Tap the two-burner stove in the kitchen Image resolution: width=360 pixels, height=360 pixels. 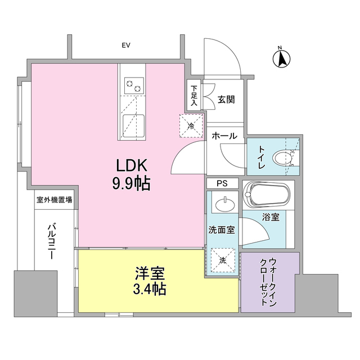133,86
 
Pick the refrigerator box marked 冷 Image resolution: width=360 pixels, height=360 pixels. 190,125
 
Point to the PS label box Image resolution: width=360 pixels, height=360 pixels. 223,184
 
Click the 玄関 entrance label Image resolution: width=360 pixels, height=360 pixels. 226,100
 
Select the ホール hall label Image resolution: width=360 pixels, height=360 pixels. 224,136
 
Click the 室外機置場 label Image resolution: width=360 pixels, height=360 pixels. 54,200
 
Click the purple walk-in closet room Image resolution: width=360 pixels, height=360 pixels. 267,282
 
